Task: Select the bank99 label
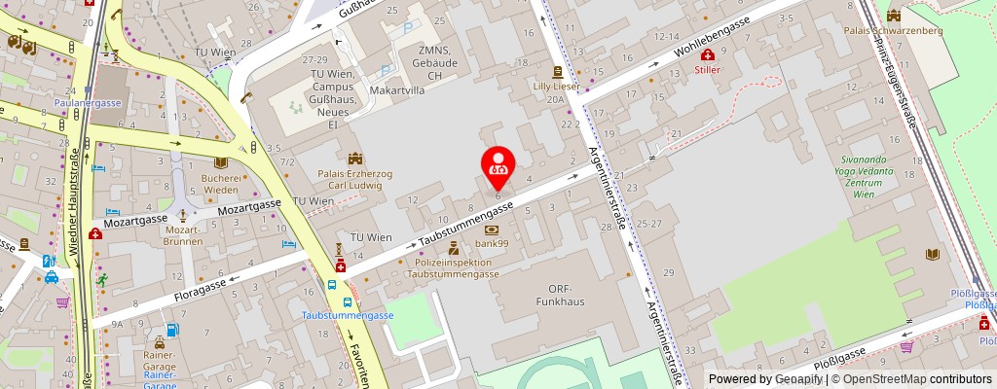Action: pyautogui.click(x=491, y=243)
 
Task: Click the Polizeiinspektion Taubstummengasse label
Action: pyautogui.click(x=453, y=268)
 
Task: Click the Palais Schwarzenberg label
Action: pyautogui.click(x=884, y=30)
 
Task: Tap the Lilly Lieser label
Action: pyautogui.click(x=556, y=87)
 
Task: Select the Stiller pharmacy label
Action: pyautogui.click(x=707, y=69)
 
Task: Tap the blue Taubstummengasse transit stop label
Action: pyautogui.click(x=347, y=316)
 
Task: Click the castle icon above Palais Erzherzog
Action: pyautogui.click(x=354, y=158)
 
